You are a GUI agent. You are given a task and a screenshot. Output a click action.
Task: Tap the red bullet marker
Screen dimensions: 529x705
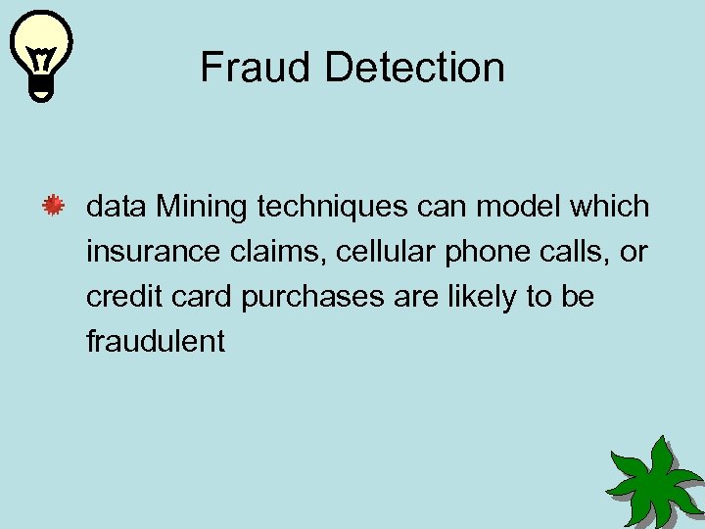pos(52,207)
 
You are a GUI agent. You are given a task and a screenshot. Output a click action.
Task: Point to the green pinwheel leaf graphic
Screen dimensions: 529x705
pos(653,479)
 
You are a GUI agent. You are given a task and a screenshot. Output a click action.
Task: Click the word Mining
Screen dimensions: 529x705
pos(205,208)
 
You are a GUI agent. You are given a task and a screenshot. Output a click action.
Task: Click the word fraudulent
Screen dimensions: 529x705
pos(155,341)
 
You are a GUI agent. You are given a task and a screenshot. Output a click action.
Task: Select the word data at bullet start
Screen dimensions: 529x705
pos(117,208)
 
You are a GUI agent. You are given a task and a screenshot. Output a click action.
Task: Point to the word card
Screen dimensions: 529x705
pos(195,297)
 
